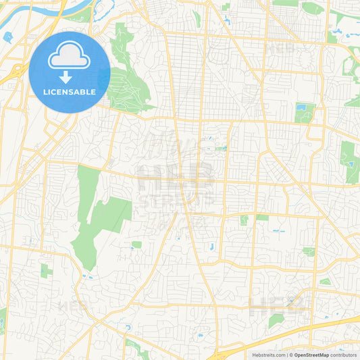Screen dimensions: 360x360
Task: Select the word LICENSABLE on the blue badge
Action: pos(69,92)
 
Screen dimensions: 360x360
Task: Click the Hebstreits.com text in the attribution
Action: pos(269,355)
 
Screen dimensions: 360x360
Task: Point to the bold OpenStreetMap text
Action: pos(311,355)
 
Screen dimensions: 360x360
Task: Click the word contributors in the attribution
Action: pos(344,355)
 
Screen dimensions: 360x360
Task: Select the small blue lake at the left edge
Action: pos(7,36)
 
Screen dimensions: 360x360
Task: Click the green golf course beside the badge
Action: pos(128,81)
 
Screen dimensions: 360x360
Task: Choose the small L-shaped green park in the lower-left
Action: pos(46,271)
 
